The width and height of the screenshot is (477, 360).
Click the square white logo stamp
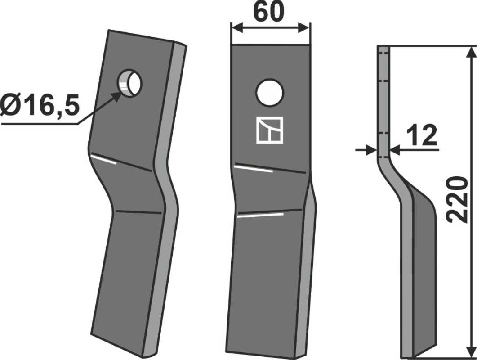pos(270,130)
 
